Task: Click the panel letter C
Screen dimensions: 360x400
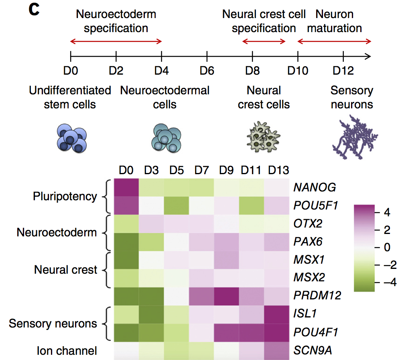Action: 34,10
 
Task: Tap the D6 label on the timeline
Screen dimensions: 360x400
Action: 207,71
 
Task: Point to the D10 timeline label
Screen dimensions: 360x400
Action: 298,71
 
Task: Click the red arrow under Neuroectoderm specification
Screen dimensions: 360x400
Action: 116,41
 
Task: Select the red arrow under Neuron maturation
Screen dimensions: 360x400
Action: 334,41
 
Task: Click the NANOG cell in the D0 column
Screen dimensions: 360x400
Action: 126,187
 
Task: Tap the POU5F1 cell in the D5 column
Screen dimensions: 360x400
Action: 177,205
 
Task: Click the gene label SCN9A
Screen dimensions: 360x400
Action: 313,350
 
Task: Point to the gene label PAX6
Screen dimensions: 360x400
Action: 308,242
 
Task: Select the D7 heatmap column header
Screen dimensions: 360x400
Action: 201,171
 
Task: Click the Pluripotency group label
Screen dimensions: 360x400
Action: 65,196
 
